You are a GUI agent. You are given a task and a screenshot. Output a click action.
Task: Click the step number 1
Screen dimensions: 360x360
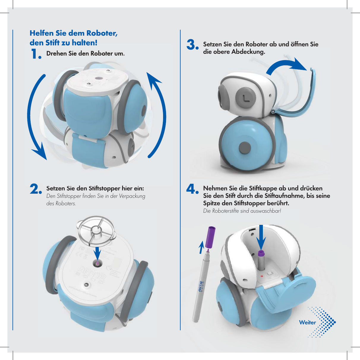coord(36,54)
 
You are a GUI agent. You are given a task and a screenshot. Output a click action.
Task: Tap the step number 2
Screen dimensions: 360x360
coord(36,189)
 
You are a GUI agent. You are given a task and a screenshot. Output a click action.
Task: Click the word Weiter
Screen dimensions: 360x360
coord(307,323)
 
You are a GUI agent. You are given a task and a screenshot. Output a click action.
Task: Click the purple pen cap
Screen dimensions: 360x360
coord(210,237)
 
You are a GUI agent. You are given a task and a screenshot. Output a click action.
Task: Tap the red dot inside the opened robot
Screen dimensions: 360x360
coord(262,276)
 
